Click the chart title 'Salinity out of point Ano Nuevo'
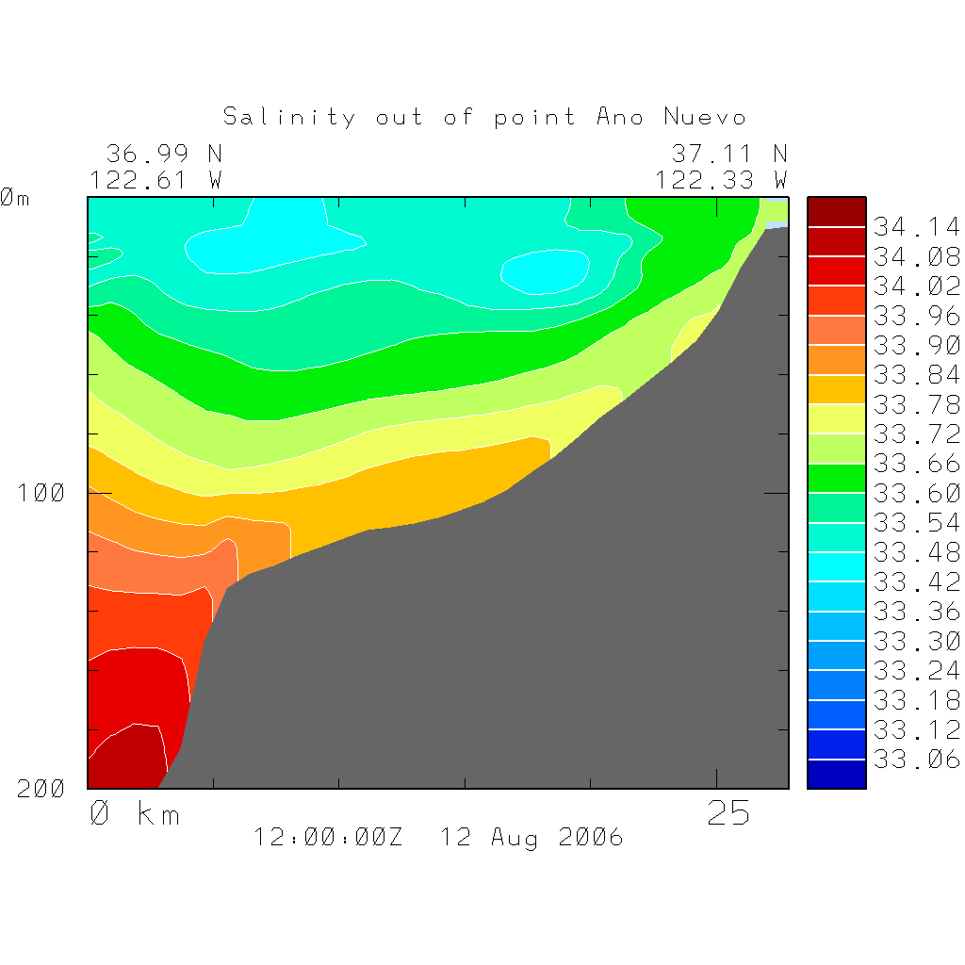[484, 117]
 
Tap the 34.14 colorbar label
[916, 227]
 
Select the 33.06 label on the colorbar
[916, 760]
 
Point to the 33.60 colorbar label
[916, 493]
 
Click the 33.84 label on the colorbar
[916, 375]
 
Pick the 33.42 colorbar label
[916, 581]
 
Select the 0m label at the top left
[14, 198]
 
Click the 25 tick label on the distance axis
[728, 813]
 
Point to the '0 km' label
[135, 813]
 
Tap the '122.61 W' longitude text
[155, 180]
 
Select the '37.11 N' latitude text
[728, 154]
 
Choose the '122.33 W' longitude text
[721, 180]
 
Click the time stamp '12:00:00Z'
[328, 837]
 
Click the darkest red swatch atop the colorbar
[836, 212]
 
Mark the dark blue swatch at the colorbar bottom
[836, 774]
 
